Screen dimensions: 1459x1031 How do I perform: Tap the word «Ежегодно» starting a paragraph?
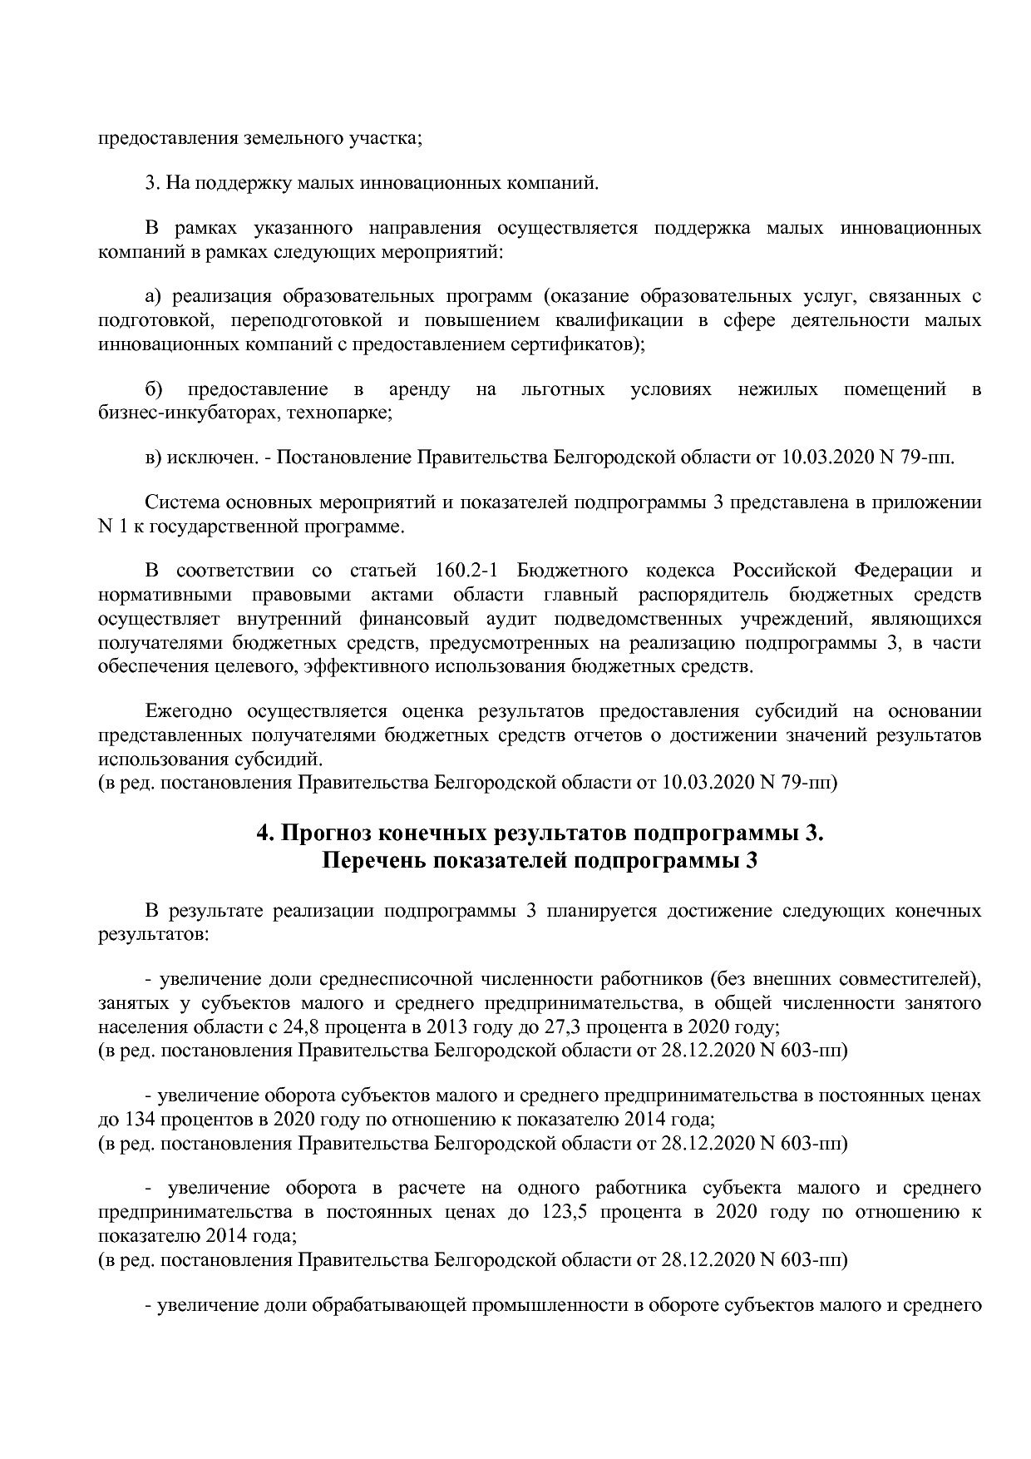[x=183, y=711]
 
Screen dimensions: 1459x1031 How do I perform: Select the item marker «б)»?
[x=154, y=389]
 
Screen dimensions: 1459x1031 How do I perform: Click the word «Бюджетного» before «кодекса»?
[x=572, y=571]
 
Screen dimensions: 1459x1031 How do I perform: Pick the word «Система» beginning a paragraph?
[x=176, y=503]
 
